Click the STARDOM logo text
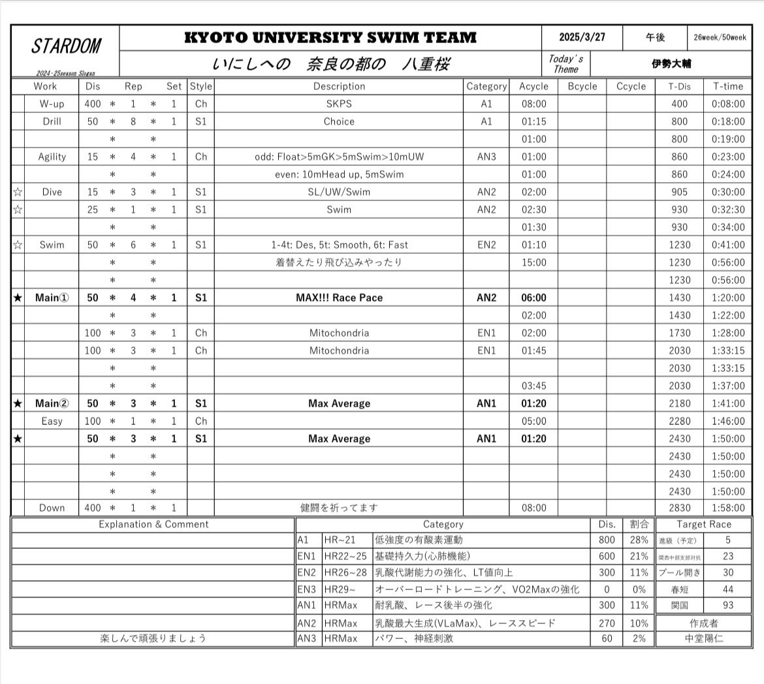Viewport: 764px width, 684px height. point(66,46)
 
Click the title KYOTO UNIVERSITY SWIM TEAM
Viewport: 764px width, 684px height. point(330,37)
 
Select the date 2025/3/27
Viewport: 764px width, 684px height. point(582,37)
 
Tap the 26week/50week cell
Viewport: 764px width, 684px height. point(720,38)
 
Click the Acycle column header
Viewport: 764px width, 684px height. point(533,86)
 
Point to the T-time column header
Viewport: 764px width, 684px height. point(727,86)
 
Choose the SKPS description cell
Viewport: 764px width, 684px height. point(339,104)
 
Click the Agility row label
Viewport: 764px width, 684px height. point(52,157)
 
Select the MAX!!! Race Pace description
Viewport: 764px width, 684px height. point(339,298)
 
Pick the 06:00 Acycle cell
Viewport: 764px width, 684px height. point(533,298)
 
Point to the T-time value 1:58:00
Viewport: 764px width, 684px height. point(727,508)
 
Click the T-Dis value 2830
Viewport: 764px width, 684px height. point(679,508)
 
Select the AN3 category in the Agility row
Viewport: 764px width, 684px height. point(486,157)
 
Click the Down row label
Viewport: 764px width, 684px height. point(52,508)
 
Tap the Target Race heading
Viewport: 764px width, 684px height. point(704,524)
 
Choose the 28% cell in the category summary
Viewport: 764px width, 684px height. point(639,540)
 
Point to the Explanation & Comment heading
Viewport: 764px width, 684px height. point(153,524)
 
